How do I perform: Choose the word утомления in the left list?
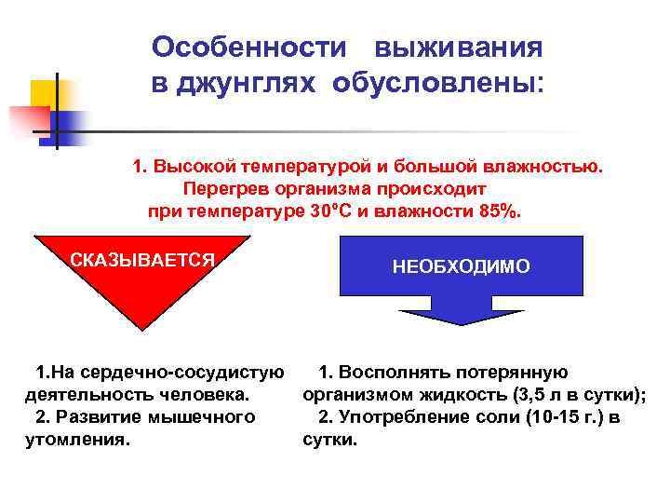tap(76, 439)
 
